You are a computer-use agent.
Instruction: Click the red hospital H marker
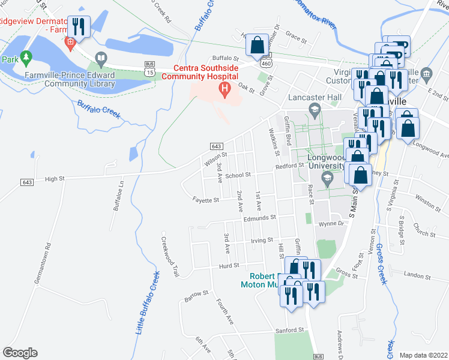(225, 91)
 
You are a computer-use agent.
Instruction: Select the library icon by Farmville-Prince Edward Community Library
(101, 59)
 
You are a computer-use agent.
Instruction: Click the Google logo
(20, 353)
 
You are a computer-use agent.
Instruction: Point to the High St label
(55, 178)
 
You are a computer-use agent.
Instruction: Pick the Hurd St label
(229, 265)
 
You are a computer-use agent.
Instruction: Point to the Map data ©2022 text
(423, 355)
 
